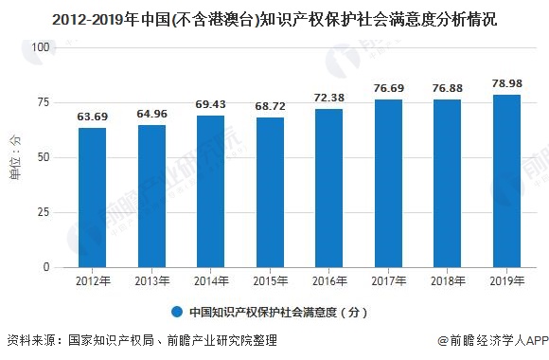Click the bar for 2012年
pos(92,197)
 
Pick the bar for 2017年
pos(385,183)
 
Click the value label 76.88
pos(444,89)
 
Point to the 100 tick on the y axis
pos(42,46)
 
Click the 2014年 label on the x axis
pos(209,280)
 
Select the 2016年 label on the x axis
pos(327,280)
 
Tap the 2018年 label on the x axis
pos(444,280)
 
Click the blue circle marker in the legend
pos(177,311)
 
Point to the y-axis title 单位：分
pos(14,157)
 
